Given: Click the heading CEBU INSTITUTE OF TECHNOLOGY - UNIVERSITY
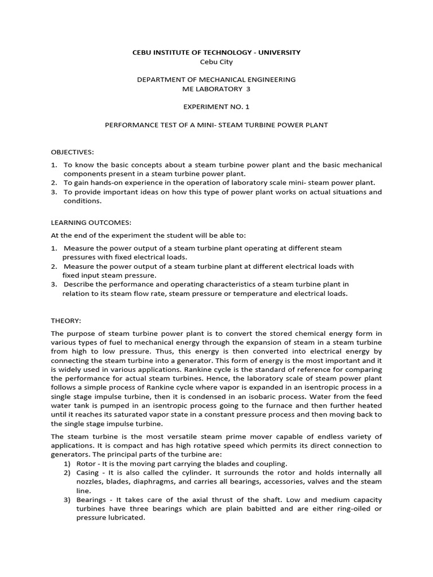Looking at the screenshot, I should point(216,52).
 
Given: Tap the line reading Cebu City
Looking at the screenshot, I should point(216,62).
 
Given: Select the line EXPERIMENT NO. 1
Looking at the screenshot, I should point(216,106).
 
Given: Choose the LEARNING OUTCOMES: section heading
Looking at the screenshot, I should point(90,222).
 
